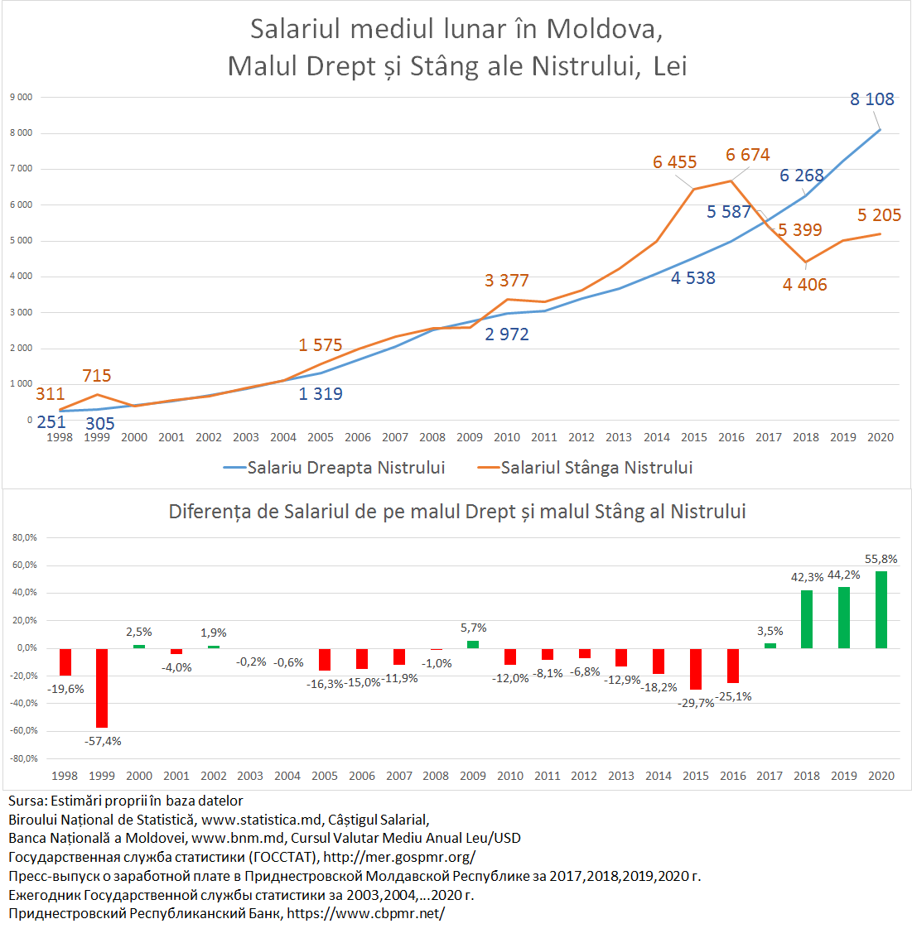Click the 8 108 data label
click(x=871, y=99)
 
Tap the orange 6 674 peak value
click(x=747, y=155)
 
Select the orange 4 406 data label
click(x=804, y=285)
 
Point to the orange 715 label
click(x=97, y=376)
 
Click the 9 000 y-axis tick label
click(x=22, y=97)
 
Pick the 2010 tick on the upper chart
click(x=507, y=437)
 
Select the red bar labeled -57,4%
click(x=102, y=688)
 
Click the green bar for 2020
click(x=881, y=609)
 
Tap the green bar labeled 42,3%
click(x=806, y=619)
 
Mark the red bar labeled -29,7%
click(x=696, y=669)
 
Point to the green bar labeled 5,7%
click(x=473, y=644)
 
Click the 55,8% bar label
click(x=881, y=559)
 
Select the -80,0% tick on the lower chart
click(x=25, y=758)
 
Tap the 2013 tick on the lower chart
click(x=621, y=776)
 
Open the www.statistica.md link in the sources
click(x=261, y=820)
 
